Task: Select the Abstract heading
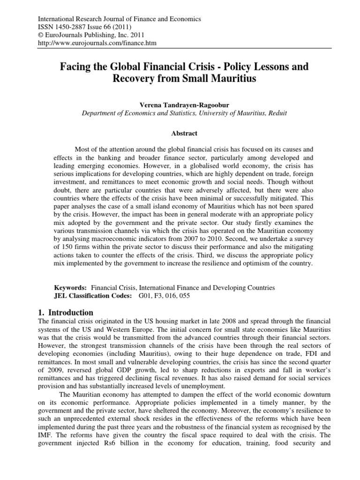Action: [x=180, y=133]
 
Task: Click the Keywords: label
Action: [x=71, y=287]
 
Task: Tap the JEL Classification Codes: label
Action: [x=94, y=296]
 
